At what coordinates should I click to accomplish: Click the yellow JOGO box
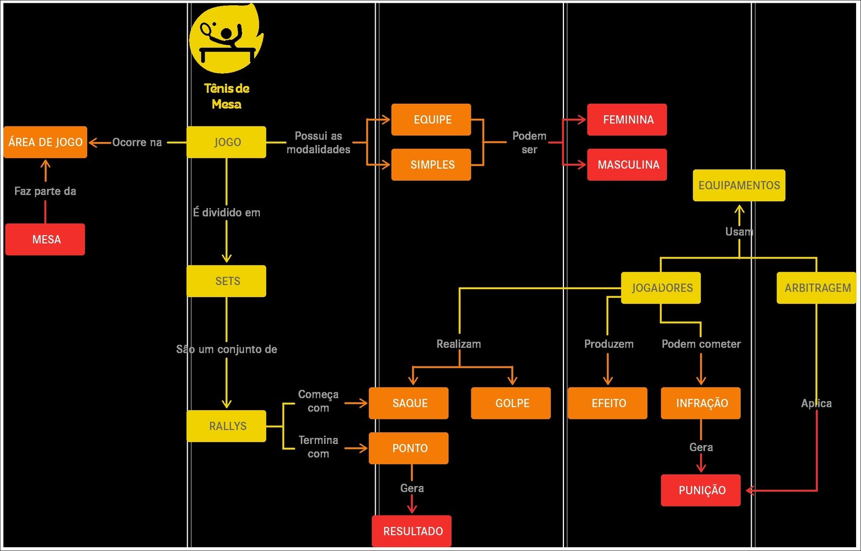pyautogui.click(x=226, y=142)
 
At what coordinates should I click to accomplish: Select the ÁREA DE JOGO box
pyautogui.click(x=45, y=142)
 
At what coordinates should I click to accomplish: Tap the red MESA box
pyautogui.click(x=45, y=239)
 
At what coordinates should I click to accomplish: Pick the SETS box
pyautogui.click(x=226, y=281)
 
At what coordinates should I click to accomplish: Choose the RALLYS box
pyautogui.click(x=226, y=426)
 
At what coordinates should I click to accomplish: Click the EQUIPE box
pyautogui.click(x=431, y=119)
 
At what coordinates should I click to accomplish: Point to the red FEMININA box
pyautogui.click(x=627, y=119)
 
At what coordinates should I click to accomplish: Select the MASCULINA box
pyautogui.click(x=627, y=164)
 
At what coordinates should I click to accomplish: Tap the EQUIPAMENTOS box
pyautogui.click(x=739, y=185)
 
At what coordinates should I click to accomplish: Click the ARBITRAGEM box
pyautogui.click(x=816, y=288)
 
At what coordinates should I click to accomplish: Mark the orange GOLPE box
pyautogui.click(x=511, y=403)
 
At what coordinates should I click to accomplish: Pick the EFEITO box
pyautogui.click(x=608, y=403)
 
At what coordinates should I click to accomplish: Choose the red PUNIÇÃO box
pyautogui.click(x=701, y=490)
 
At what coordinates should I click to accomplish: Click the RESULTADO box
pyautogui.click(x=412, y=531)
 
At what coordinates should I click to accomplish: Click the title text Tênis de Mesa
pyautogui.click(x=227, y=96)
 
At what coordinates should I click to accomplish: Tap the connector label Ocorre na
pyautogui.click(x=137, y=142)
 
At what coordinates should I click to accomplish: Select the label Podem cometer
pyautogui.click(x=701, y=344)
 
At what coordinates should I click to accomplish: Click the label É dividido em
pyautogui.click(x=227, y=212)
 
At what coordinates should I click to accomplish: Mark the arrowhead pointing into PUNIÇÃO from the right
pyautogui.click(x=749, y=490)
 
